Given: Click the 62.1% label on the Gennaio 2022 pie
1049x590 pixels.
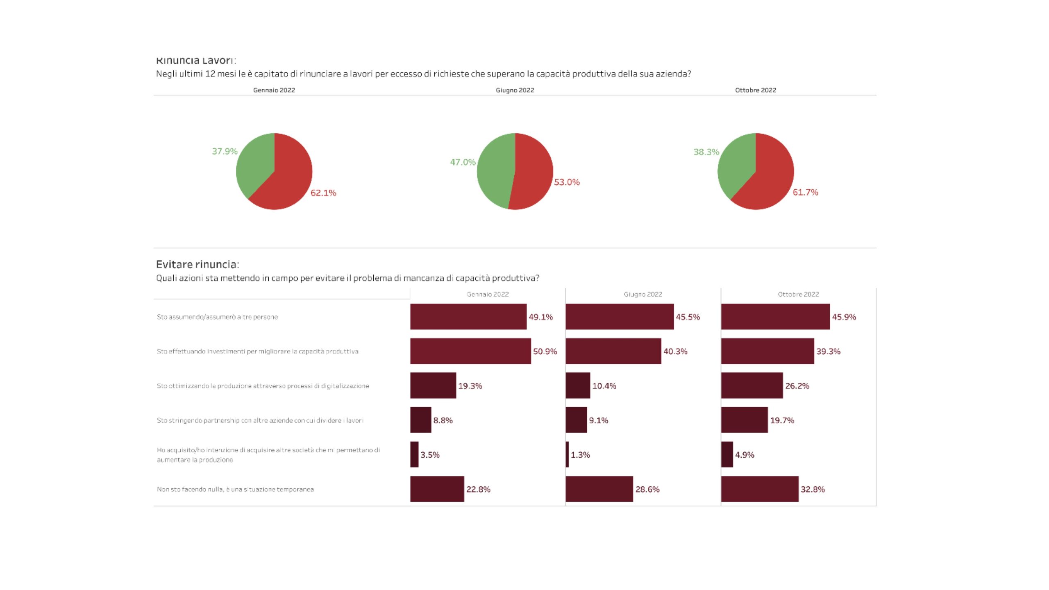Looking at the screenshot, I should coord(323,193).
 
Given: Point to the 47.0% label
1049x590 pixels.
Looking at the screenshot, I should coord(463,162).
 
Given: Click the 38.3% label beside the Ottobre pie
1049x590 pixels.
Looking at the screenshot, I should coord(706,152).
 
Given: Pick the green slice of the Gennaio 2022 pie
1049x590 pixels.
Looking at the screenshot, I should coord(254,164).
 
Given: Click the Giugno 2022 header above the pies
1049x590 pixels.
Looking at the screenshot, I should coord(515,90).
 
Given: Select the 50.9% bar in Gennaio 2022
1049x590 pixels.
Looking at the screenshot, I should coord(470,351).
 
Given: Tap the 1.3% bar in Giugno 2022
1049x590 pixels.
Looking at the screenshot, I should coord(568,454).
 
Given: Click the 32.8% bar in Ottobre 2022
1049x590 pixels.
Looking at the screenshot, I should coord(760,489).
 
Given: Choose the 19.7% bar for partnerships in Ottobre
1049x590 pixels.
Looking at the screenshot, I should coord(744,420).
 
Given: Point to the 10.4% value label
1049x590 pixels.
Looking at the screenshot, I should coord(604,386).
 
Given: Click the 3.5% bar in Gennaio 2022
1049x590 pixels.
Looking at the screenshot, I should coord(414,454).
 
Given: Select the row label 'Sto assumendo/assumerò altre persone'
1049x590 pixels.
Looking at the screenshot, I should coord(217,317).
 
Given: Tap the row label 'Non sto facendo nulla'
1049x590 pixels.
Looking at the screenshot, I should coord(235,489).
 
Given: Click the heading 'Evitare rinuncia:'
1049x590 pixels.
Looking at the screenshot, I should coord(198,264).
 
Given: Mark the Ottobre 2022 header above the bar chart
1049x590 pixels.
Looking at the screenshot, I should coord(798,294).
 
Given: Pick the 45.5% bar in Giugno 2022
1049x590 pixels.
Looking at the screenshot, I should coord(620,317).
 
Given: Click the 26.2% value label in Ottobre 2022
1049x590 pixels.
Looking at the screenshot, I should coord(797,386).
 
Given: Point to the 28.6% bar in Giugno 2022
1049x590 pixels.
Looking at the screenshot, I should coord(599,489).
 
